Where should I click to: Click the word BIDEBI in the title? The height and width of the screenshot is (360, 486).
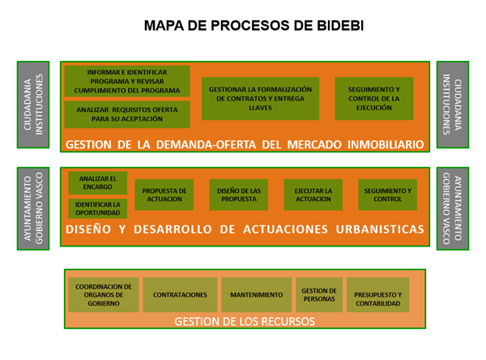(340, 26)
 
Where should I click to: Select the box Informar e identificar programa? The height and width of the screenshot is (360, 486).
(127, 81)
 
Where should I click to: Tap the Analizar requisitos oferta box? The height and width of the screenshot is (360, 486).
(127, 114)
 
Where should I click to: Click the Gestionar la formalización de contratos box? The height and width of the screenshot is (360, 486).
(260, 98)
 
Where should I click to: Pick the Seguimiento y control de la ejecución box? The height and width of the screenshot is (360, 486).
(374, 98)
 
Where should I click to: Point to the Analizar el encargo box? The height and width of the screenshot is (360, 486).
(98, 182)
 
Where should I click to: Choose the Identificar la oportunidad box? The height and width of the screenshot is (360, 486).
(98, 208)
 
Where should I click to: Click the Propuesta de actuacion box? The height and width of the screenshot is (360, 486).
(164, 195)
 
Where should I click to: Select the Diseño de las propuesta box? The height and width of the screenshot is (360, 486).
(239, 195)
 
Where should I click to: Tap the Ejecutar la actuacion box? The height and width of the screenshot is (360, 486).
(313, 195)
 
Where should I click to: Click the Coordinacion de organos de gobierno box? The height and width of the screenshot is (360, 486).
(104, 295)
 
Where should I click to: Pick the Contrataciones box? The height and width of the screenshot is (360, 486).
(180, 295)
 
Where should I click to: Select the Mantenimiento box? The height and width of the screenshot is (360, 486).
(257, 295)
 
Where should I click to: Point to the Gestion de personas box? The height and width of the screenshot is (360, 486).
(319, 295)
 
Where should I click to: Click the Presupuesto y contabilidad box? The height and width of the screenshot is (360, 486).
(378, 295)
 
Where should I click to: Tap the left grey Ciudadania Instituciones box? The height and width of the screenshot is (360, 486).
(33, 105)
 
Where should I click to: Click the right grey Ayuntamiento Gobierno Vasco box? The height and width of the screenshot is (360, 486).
(453, 208)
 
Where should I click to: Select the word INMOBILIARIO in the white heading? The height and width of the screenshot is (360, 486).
(386, 144)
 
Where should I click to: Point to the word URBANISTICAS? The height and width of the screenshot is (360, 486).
(380, 229)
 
